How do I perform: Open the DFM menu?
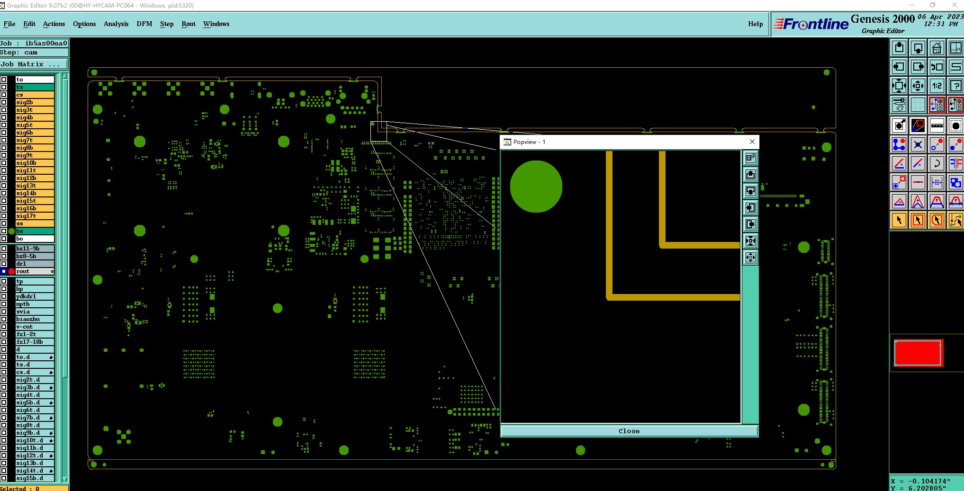point(144,24)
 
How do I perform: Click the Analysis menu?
point(116,24)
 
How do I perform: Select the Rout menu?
point(189,24)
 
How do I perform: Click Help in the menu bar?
point(755,24)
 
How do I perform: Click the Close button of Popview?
point(629,431)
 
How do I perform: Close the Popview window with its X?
point(752,142)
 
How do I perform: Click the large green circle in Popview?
point(536,187)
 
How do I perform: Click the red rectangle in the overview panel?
point(918,353)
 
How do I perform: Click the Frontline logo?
point(811,24)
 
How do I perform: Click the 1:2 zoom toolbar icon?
point(937,86)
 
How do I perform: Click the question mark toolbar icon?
point(956,86)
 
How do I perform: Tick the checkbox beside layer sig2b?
point(4,102)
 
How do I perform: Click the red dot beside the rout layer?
point(12,271)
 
